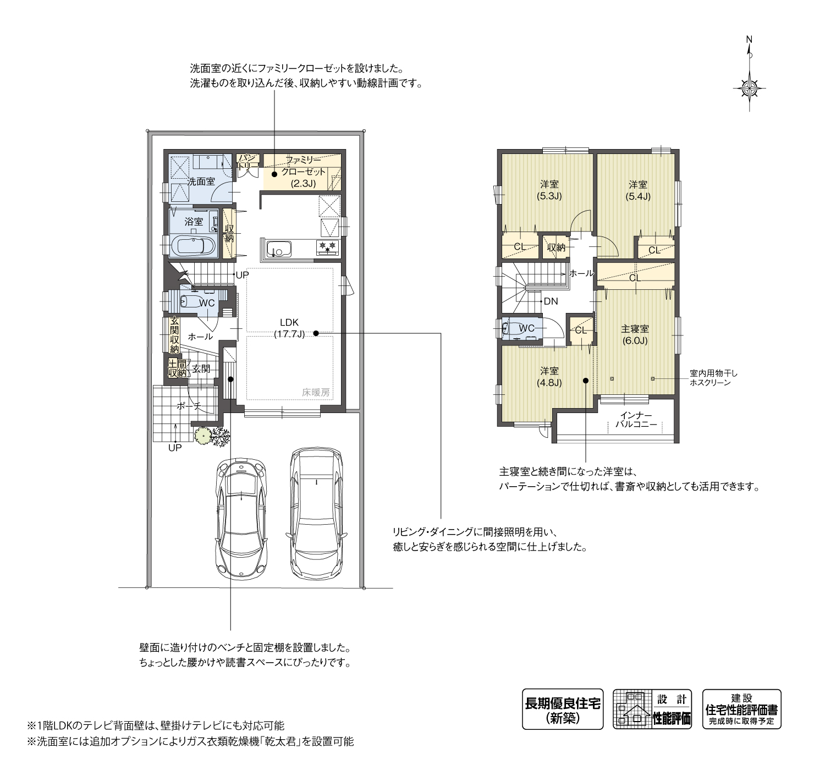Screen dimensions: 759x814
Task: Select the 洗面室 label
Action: [201, 181]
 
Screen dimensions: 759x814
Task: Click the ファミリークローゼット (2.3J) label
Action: [303, 172]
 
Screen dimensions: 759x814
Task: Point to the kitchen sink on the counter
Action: [278, 250]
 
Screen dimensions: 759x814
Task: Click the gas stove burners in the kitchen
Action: [328, 247]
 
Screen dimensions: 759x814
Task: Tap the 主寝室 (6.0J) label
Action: [635, 334]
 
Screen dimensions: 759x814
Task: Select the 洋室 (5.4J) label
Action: [638, 190]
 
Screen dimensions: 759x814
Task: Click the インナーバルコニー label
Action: [635, 420]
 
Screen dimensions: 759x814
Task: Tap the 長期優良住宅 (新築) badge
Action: [562, 709]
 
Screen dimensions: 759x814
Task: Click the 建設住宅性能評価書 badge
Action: [741, 709]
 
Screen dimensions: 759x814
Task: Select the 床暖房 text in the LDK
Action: [316, 392]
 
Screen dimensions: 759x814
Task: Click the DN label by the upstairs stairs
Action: [550, 301]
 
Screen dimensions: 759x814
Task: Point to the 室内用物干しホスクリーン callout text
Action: [713, 378]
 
